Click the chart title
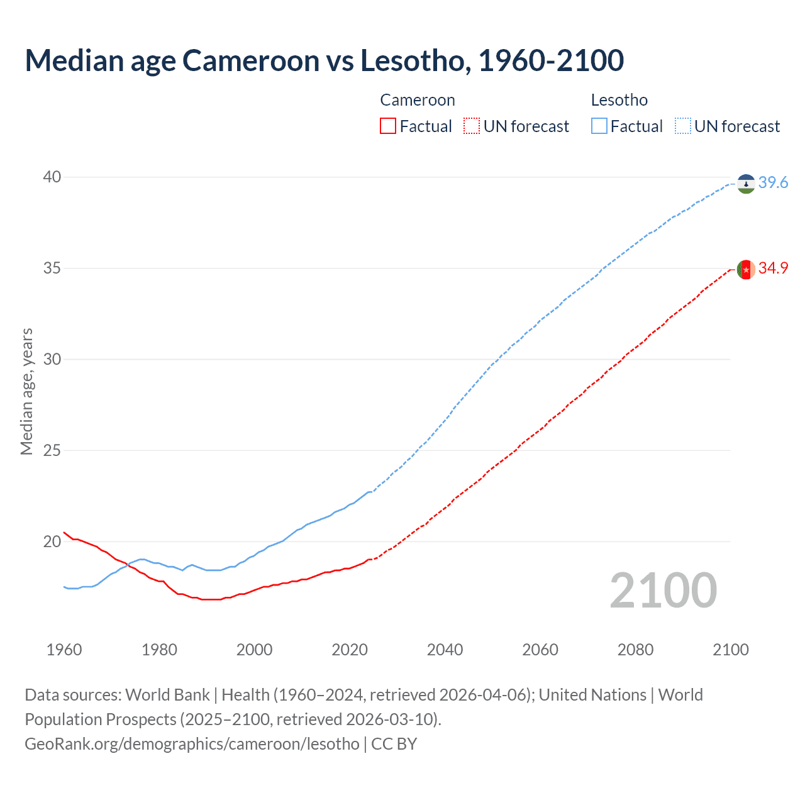324,60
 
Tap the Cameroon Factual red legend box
388,126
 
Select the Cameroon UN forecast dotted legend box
472,126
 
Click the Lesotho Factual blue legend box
599,126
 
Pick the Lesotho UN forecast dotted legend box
683,126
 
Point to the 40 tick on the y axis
52,177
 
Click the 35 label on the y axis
52,269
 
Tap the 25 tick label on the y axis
52,451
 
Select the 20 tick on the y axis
52,542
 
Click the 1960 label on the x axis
64,650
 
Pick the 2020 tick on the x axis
350,650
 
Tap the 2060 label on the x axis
540,650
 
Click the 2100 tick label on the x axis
731,650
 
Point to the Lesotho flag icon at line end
746,184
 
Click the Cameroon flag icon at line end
746,269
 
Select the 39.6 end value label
773,183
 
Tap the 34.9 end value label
773,269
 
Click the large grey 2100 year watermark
663,591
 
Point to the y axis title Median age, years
26,391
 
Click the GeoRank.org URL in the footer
192,744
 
